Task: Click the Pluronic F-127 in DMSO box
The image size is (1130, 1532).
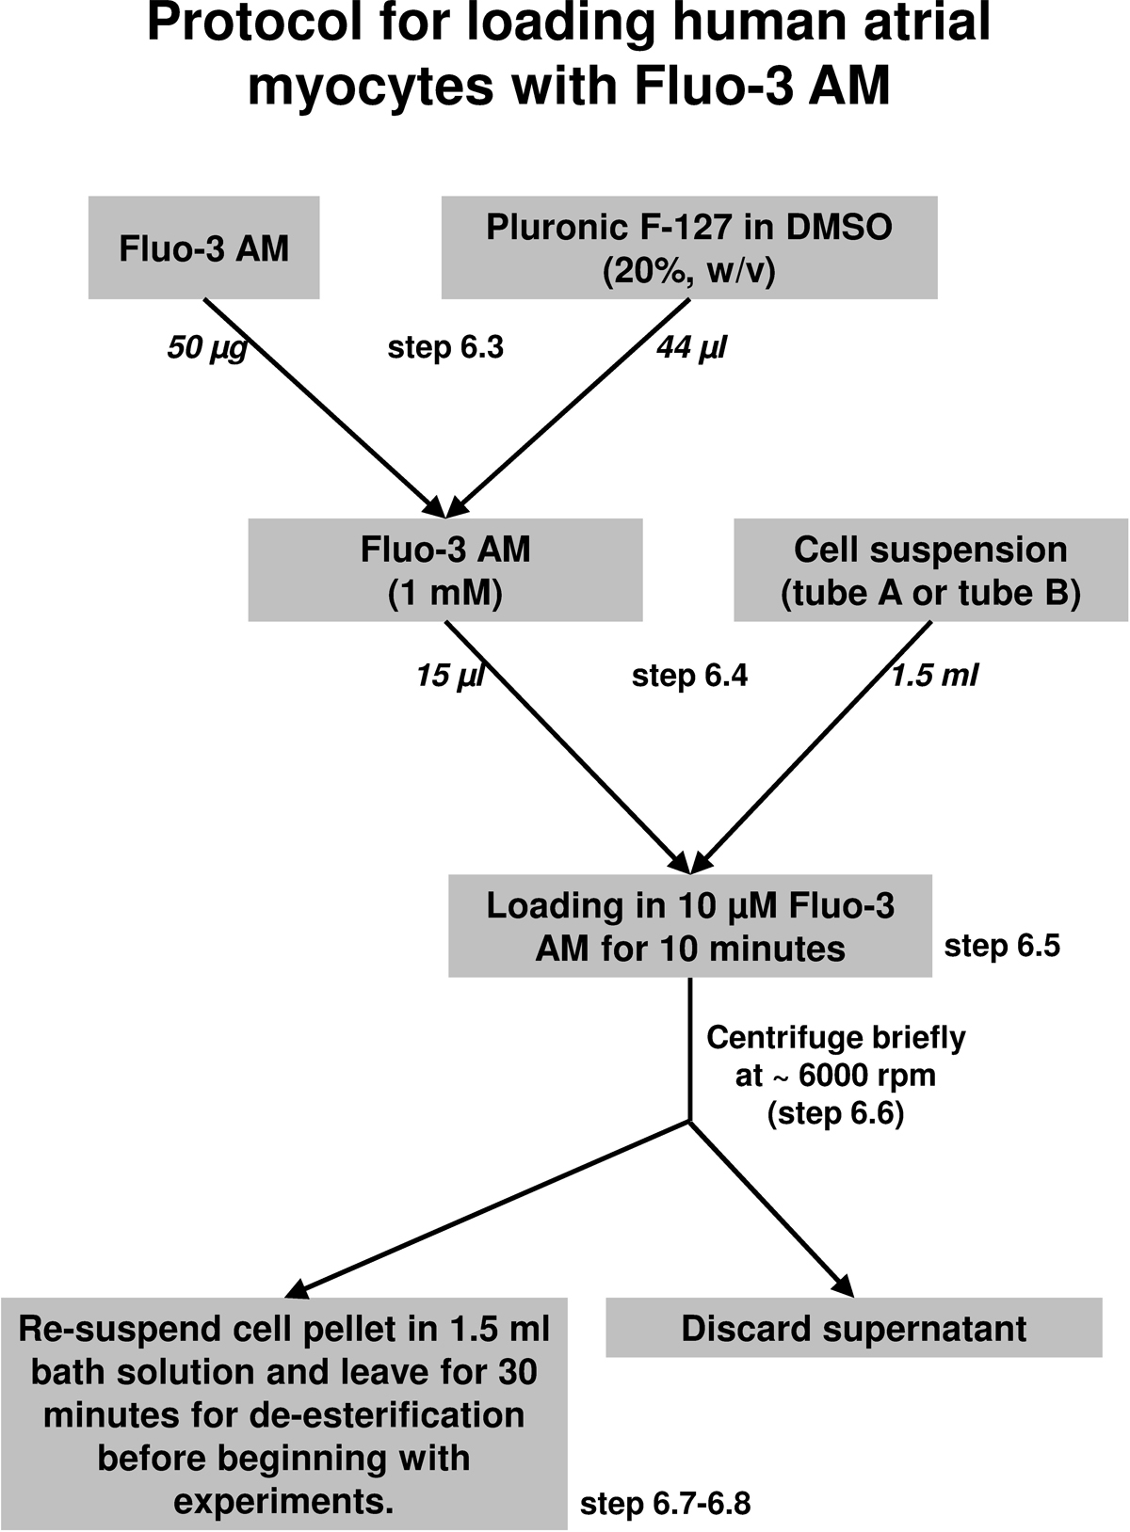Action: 689,247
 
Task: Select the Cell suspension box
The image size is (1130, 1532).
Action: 930,571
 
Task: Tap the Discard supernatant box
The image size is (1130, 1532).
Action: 853,1329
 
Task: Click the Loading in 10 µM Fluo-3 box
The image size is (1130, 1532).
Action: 690,926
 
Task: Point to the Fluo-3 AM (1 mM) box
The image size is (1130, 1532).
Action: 445,570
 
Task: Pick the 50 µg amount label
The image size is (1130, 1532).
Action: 207,349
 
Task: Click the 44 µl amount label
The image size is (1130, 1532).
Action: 692,348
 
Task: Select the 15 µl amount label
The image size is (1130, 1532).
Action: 449,676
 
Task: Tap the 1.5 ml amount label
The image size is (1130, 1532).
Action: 934,675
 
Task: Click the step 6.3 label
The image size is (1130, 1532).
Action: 445,348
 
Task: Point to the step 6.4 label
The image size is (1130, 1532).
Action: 689,676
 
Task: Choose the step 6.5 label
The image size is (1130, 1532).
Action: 1002,945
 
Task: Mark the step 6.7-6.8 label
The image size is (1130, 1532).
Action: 665,1504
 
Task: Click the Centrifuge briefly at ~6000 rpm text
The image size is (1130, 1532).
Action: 836,1075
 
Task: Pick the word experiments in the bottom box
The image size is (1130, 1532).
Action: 283,1501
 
